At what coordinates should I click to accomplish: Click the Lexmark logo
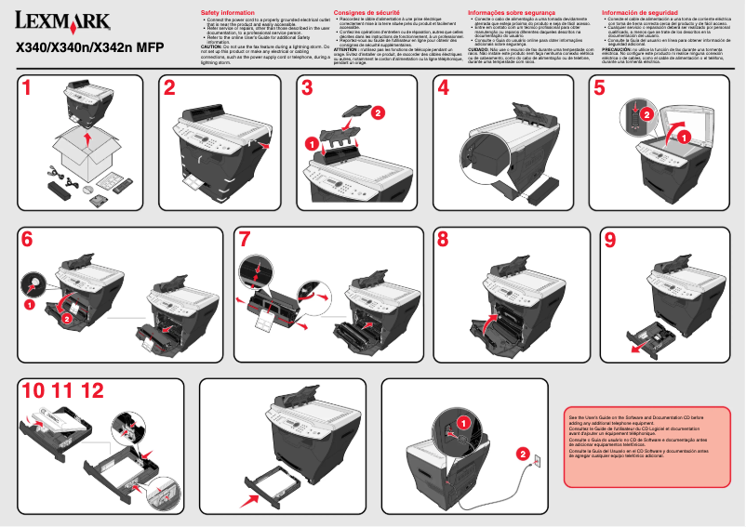point(62,21)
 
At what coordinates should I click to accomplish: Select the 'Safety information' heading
point(228,12)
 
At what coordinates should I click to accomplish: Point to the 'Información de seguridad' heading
point(643,12)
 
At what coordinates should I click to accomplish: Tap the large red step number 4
point(444,89)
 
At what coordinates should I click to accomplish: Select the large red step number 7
point(244,240)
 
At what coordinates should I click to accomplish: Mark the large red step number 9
point(609,240)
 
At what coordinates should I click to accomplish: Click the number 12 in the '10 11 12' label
point(92,392)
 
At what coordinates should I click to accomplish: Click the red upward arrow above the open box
point(87,139)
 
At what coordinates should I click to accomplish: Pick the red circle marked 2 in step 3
point(378,112)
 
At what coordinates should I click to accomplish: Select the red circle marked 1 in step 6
point(29,303)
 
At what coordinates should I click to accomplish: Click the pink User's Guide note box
point(647,445)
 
